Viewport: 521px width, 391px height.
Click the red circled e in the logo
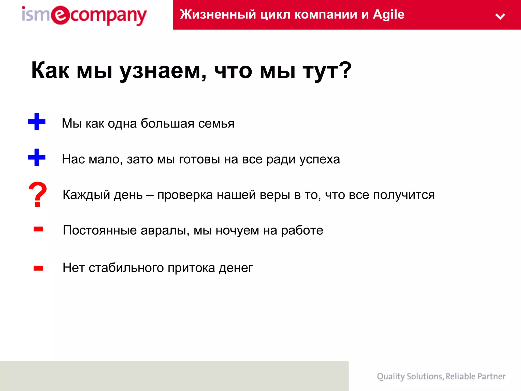(x=60, y=15)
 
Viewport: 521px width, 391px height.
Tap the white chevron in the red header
(x=500, y=17)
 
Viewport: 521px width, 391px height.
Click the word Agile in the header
(x=388, y=14)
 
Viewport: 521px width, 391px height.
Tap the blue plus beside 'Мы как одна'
(x=37, y=122)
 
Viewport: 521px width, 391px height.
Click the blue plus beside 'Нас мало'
(x=37, y=157)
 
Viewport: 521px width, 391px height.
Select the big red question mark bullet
(x=38, y=194)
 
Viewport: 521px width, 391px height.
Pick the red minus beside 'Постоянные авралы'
(x=38, y=229)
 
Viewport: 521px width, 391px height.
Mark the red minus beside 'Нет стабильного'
(x=38, y=268)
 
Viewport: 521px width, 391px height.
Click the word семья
(x=216, y=123)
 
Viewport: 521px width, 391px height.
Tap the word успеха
(x=320, y=160)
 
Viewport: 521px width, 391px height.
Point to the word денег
(x=236, y=268)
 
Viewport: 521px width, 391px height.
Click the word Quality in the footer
(x=391, y=376)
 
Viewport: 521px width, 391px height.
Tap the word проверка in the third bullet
(x=185, y=195)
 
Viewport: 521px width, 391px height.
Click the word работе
(x=302, y=230)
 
